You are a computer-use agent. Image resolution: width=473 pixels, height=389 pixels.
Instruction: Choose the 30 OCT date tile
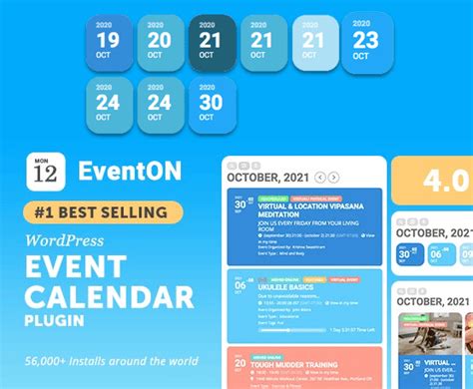click(x=211, y=103)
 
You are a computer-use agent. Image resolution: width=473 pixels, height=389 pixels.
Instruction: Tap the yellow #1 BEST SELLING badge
click(x=103, y=210)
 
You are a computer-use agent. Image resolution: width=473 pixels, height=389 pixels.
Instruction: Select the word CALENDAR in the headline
click(x=110, y=296)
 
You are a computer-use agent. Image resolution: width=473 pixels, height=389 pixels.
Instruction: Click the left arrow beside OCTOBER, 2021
click(x=319, y=178)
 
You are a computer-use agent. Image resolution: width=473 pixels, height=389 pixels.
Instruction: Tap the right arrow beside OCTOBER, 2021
click(x=334, y=178)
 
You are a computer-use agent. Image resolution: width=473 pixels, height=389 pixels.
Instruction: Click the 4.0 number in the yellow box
click(x=443, y=181)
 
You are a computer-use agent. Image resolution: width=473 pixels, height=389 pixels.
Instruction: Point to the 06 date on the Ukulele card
click(x=239, y=285)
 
